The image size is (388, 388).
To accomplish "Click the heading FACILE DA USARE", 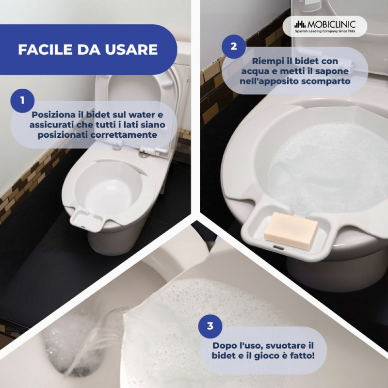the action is (x=88, y=49).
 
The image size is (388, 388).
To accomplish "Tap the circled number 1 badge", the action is (x=22, y=101).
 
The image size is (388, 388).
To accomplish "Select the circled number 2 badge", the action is (x=234, y=47).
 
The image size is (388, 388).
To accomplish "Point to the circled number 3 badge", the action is (x=210, y=326).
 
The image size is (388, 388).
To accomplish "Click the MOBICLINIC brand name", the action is (x=331, y=25).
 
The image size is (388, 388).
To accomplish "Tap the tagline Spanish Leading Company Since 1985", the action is (x=325, y=31).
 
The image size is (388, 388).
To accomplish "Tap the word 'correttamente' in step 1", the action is (x=124, y=135).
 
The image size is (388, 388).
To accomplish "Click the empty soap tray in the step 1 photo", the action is (x=86, y=219).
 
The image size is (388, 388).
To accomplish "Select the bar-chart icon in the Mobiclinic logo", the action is (x=300, y=25).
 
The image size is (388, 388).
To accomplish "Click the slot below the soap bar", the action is (x=278, y=247).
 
